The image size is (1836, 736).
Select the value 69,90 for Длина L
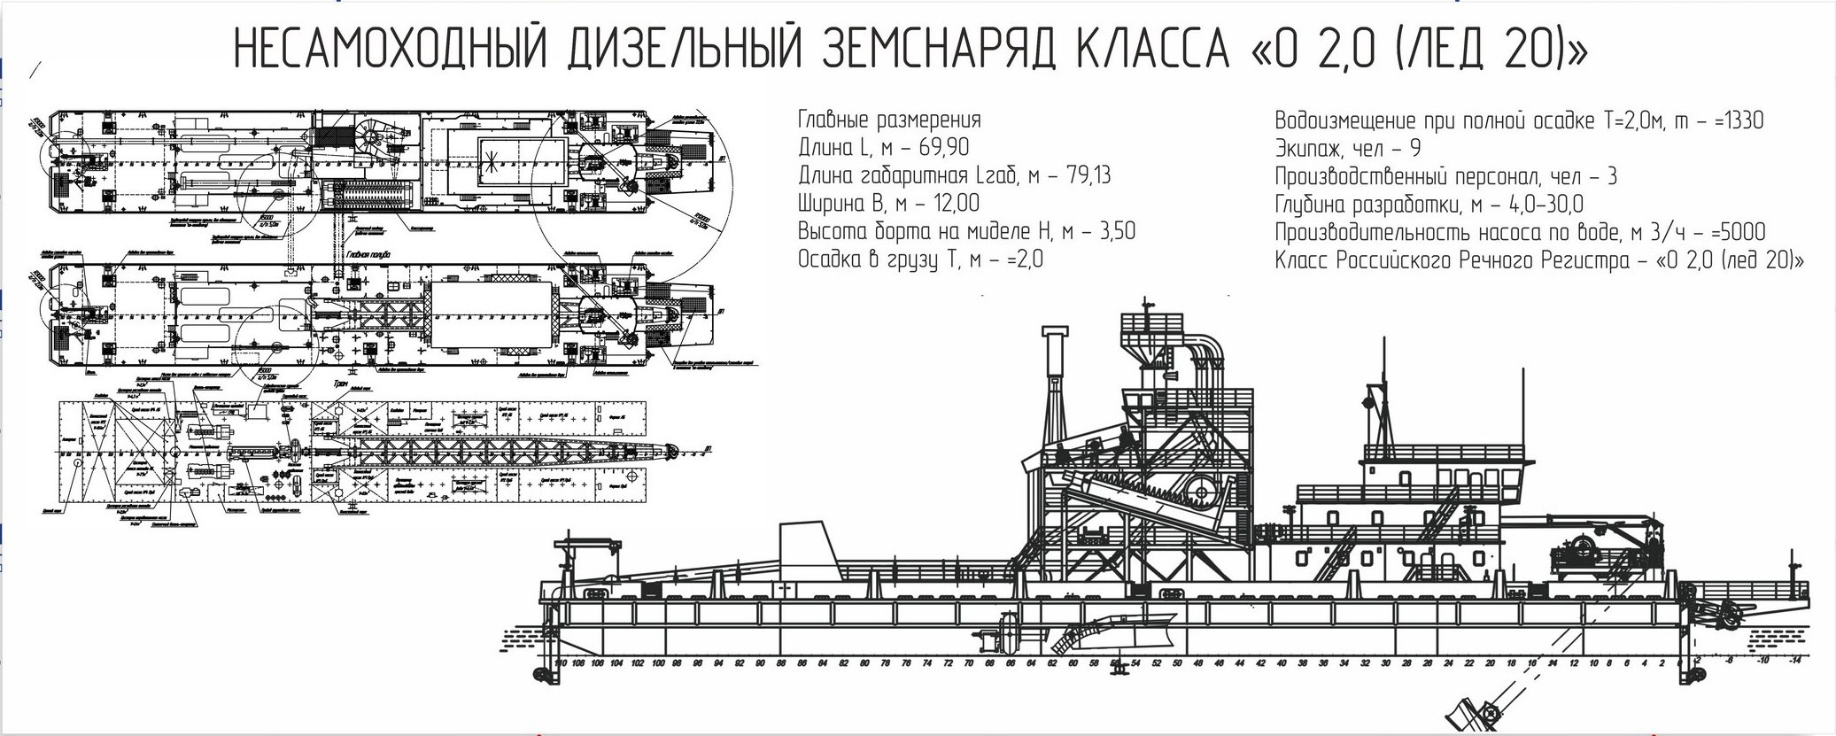(938, 148)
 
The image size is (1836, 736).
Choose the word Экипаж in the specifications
(1308, 149)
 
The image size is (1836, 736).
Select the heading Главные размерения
(889, 120)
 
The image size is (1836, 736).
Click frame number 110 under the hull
(559, 662)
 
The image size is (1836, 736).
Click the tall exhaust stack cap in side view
(1053, 333)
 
